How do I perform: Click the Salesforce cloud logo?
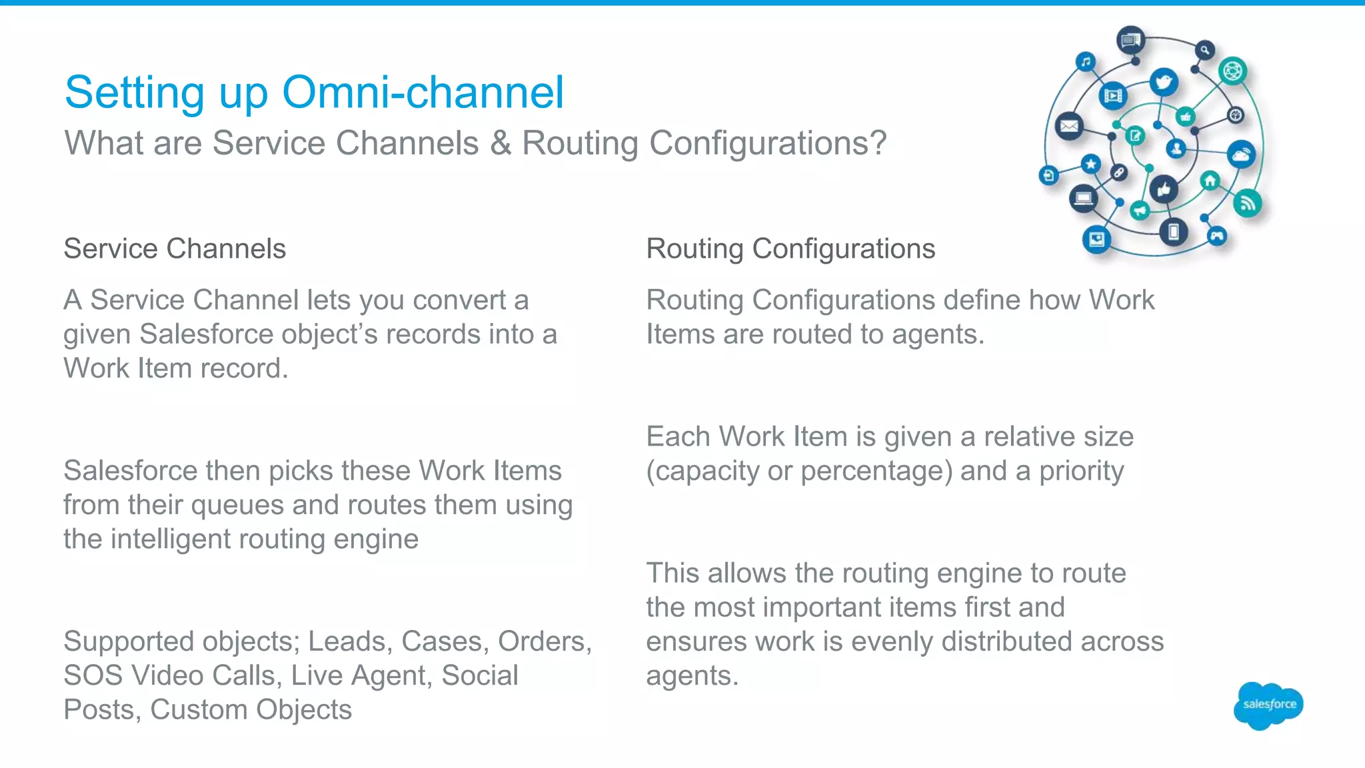point(1268,705)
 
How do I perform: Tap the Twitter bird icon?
point(1164,83)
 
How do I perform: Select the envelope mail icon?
point(1070,126)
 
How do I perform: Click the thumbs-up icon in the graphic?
point(1164,190)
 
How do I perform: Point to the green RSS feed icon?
point(1247,203)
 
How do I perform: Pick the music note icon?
point(1086,62)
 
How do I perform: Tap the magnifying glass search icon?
point(1204,50)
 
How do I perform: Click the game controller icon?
point(1217,235)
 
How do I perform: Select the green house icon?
point(1210,181)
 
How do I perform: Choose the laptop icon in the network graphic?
point(1084,198)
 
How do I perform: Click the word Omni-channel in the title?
point(423,92)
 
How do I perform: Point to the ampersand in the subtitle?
point(500,143)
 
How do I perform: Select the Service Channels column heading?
point(175,248)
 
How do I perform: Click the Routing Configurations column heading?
point(790,248)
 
